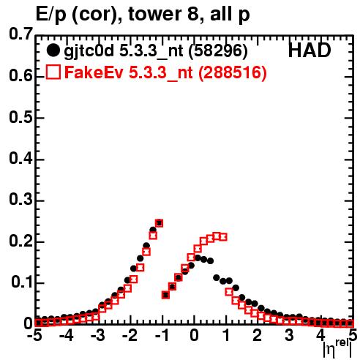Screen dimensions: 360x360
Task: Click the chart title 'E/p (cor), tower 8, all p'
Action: click(143, 14)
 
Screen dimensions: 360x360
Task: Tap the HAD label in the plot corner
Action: click(310, 50)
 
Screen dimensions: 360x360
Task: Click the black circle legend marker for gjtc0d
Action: click(53, 50)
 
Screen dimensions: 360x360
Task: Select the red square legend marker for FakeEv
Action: click(53, 72)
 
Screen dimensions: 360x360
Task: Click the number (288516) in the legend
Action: click(232, 72)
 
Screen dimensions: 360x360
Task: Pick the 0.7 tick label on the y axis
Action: click(20, 34)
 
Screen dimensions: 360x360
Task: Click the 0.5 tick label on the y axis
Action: click(20, 117)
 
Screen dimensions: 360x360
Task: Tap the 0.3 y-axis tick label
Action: click(20, 199)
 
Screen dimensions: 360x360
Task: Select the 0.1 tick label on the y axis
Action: click(21, 282)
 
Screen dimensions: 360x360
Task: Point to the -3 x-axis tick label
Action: click(97, 335)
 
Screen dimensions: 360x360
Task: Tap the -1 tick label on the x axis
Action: click(161, 335)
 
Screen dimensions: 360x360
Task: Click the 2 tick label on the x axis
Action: click(258, 335)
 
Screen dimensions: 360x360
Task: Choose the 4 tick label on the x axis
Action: click(320, 335)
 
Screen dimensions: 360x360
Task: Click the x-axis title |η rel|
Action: click(337, 349)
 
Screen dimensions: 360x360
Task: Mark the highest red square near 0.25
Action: click(159, 223)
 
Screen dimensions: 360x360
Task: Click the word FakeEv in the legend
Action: click(94, 72)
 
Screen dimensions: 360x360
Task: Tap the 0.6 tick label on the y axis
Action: click(20, 75)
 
